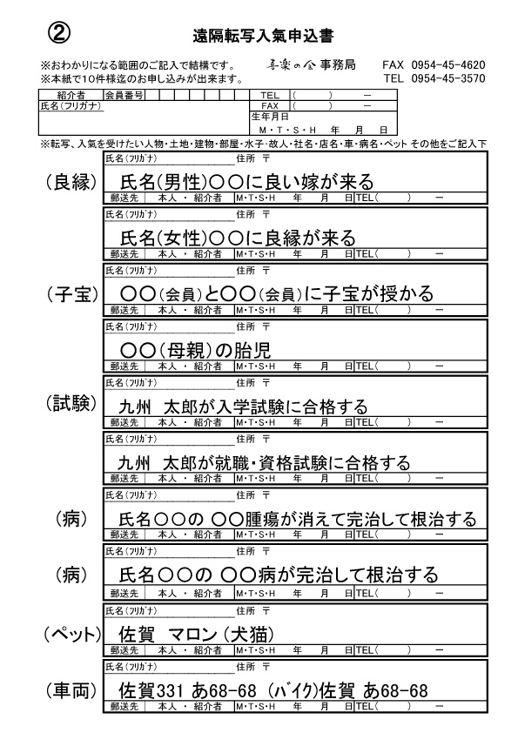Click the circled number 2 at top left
pos(59,33)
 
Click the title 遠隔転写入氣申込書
pos(263,37)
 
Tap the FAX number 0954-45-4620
pos(447,65)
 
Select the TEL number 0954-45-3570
pos(447,78)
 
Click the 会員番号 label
pos(124,96)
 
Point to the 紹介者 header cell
pos(71,96)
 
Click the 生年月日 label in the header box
pos(270,117)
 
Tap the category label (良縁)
pos(72,182)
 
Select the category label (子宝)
pos(72,294)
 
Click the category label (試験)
pos(71,403)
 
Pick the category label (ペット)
pos(72,635)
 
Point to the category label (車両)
pos(72,690)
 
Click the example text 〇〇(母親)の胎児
pos(195,350)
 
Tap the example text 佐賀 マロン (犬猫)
pos(197,635)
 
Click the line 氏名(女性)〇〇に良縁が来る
pos(238,238)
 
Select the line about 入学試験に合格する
pos(243,407)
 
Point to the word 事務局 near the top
pos(338,65)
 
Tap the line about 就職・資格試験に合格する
pos(264,463)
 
